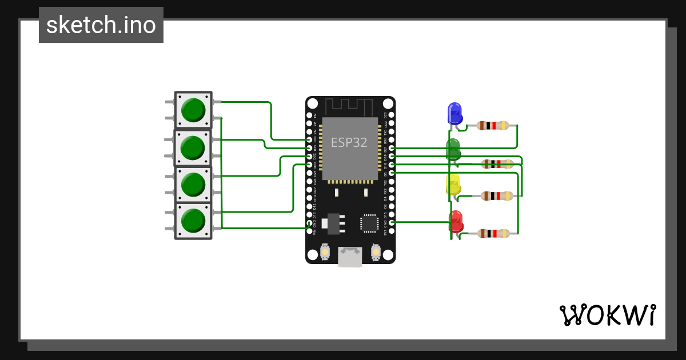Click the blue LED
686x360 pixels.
(454, 113)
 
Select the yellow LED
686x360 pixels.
(453, 185)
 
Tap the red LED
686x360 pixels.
(456, 221)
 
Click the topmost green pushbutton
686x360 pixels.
(193, 110)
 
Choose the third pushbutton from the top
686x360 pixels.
(193, 184)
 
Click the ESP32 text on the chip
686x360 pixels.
(349, 142)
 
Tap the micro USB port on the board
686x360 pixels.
(350, 257)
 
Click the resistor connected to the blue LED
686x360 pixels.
(493, 125)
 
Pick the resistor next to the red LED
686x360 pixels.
(493, 233)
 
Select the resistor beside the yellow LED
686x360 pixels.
(496, 196)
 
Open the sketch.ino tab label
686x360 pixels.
(101, 25)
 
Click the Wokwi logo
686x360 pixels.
(607, 315)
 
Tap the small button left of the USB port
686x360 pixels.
(325, 251)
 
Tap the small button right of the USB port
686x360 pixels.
(376, 251)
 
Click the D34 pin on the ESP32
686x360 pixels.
(309, 139)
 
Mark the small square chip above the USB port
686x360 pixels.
(369, 222)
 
